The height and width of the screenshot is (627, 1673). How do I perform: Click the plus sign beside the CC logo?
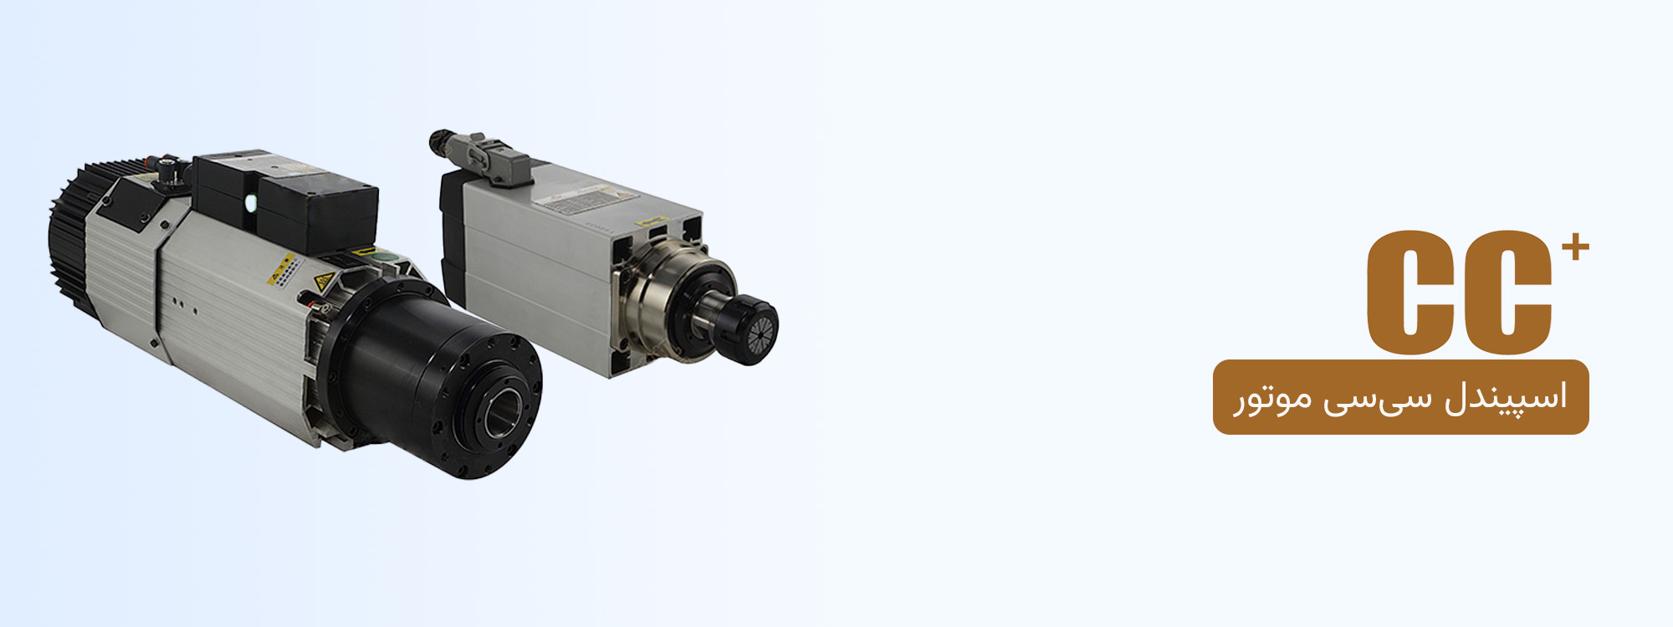click(1575, 247)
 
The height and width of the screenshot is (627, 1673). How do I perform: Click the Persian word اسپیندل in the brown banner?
click(1506, 397)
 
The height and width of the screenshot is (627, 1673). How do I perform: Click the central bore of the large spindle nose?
click(504, 408)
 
